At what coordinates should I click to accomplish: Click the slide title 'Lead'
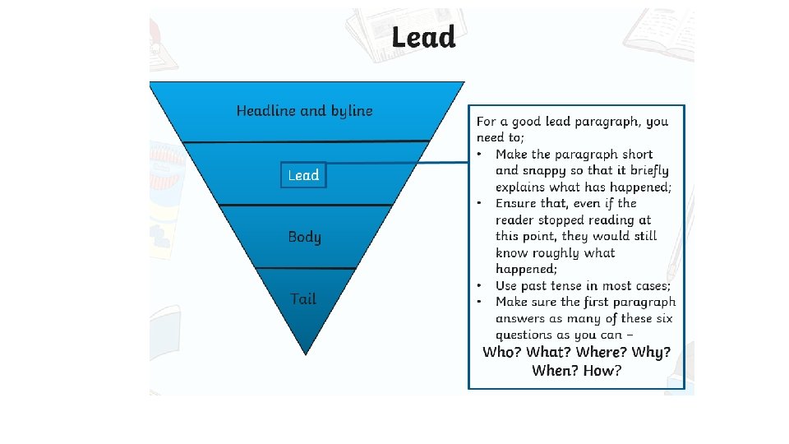pos(423,38)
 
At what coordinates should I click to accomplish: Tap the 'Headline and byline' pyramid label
pos(304,111)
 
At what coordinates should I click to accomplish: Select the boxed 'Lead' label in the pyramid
pos(303,175)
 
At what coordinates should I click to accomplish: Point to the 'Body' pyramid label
pos(304,237)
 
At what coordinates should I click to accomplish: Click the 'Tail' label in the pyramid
pos(303,299)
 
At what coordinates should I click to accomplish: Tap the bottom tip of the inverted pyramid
pos(306,353)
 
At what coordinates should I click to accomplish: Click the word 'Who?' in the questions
pos(501,352)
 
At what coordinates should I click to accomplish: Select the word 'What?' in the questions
pos(549,352)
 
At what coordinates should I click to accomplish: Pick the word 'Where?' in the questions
pos(603,352)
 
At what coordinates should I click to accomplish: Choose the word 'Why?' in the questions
pos(653,352)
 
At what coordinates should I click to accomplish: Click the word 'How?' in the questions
pos(602,371)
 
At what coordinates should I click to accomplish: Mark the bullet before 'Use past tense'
pos(480,285)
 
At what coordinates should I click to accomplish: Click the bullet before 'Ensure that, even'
pos(480,203)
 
